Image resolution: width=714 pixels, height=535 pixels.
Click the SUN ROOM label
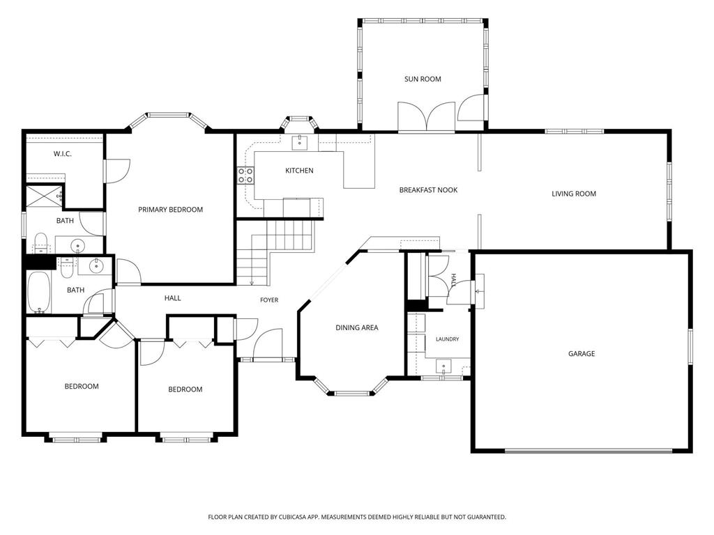tap(423, 79)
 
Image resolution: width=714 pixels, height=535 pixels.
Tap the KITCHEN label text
tap(299, 171)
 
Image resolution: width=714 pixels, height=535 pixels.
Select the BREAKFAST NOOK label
tap(428, 189)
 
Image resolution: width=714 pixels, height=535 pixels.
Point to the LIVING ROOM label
tap(574, 194)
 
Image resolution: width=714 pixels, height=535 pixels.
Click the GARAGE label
tap(582, 353)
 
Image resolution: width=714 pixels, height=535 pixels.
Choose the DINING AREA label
tap(356, 327)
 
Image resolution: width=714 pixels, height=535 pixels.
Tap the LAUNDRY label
tap(447, 339)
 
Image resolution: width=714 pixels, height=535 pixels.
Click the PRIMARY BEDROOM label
tap(170, 210)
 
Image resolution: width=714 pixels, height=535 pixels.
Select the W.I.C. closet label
tap(62, 154)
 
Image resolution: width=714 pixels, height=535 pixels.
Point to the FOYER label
tap(269, 300)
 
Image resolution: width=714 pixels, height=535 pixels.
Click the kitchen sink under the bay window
tap(300, 142)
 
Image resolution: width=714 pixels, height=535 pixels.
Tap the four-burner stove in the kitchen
tap(245, 175)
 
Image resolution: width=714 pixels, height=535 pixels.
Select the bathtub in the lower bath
tap(39, 293)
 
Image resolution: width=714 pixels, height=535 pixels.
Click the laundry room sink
tap(443, 366)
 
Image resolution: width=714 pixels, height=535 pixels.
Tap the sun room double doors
tap(426, 117)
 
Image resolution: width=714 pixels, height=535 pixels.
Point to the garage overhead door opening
tap(588, 451)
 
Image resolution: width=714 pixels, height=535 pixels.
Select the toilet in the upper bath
tap(41, 243)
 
